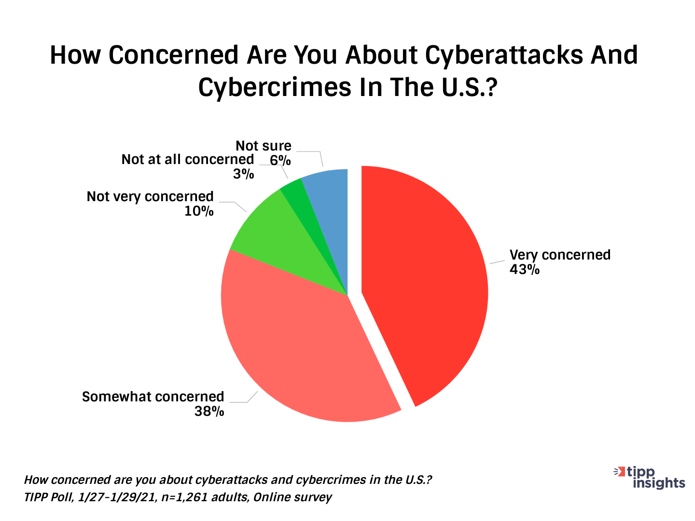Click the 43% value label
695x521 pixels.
524,269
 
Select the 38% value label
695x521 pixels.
209,411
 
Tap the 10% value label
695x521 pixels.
199,211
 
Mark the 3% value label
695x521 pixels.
243,174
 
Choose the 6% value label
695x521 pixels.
280,160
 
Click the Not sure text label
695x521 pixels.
264,146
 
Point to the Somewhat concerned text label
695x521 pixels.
153,397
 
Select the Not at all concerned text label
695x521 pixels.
187,159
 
